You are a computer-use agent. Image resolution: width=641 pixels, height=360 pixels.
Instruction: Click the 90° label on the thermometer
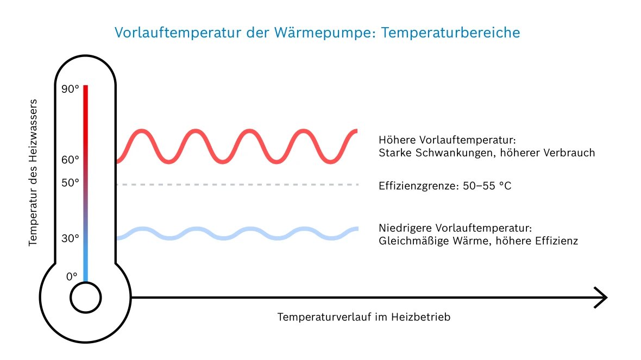point(70,90)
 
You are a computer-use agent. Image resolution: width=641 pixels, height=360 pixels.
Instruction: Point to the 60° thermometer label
point(70,160)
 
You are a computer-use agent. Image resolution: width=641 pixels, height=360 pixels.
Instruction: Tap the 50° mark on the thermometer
point(70,182)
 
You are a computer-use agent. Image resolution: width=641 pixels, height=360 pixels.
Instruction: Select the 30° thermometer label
point(70,238)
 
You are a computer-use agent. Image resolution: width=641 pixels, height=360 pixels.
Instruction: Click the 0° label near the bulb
point(72,276)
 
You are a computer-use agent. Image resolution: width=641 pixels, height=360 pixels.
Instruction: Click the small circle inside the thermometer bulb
point(85,298)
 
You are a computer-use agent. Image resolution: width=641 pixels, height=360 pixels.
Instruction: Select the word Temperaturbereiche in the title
point(451,33)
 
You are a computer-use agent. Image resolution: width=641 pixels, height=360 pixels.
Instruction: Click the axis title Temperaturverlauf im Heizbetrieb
point(364,317)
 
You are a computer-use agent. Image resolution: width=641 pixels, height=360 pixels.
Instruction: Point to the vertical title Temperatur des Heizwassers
point(34,172)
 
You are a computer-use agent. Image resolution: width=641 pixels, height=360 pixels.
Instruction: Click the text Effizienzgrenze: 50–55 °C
point(445,186)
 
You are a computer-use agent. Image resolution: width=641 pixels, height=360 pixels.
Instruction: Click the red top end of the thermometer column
point(85,88)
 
